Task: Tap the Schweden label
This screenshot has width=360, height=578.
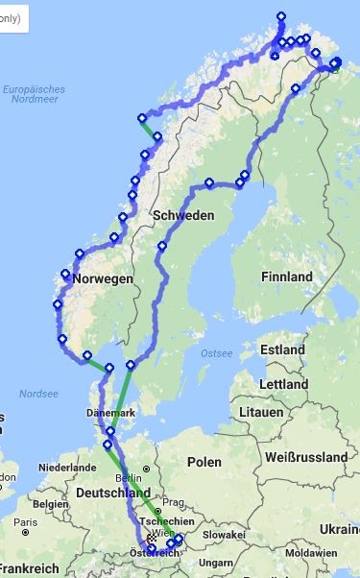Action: [x=182, y=215]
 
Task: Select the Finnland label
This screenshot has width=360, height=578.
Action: [x=286, y=277]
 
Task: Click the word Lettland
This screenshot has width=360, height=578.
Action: [x=283, y=384]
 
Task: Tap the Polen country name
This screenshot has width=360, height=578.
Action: [x=204, y=462]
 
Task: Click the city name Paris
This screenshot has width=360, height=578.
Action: [x=26, y=523]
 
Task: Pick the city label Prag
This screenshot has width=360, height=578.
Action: [x=172, y=502]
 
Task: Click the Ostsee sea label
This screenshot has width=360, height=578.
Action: [x=216, y=353]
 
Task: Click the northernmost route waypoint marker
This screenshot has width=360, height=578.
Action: [x=280, y=16]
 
